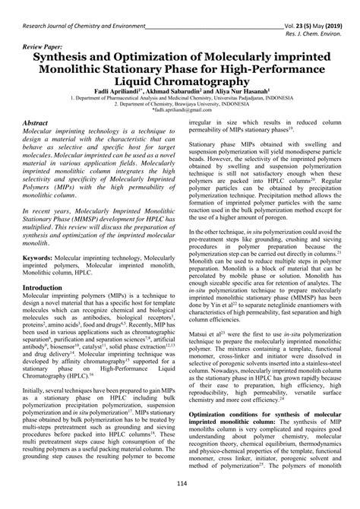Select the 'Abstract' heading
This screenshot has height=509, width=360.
pyautogui.click(x=36, y=122)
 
